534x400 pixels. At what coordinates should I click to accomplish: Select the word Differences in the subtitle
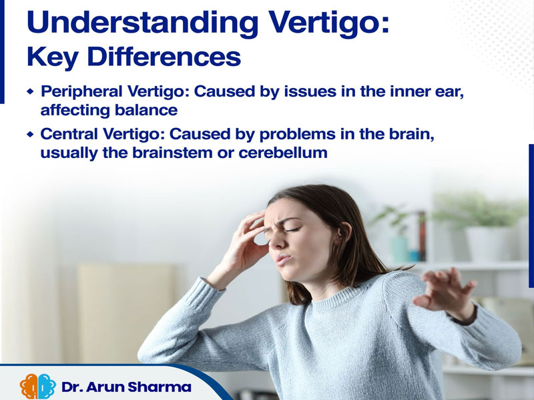(164, 57)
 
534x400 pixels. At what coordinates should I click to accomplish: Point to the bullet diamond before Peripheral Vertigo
(30, 91)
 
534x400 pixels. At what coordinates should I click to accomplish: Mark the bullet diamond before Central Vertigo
(30, 135)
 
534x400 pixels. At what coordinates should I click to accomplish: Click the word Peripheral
(81, 92)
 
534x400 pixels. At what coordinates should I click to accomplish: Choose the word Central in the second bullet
(69, 134)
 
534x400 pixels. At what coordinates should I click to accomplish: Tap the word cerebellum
(283, 153)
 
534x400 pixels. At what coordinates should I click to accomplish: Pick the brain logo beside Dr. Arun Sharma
(38, 386)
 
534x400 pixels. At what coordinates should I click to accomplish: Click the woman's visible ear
(344, 232)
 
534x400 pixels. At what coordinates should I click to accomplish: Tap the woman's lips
(282, 259)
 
